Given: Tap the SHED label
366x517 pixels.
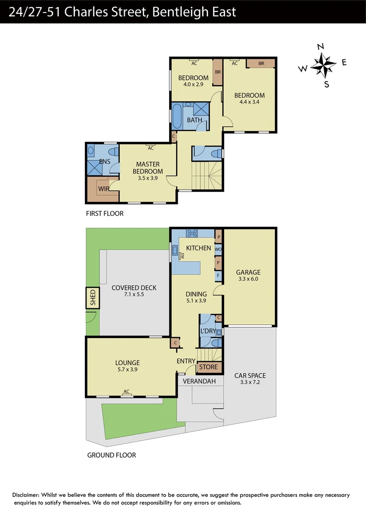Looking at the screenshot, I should [x=92, y=298].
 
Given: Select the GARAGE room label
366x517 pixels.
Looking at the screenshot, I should [x=248, y=272].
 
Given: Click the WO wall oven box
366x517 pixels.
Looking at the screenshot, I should [x=218, y=249].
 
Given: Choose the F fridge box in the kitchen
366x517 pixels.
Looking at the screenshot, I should [x=218, y=276].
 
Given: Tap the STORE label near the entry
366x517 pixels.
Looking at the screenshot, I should [x=208, y=367].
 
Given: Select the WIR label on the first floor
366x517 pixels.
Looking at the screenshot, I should [x=104, y=189].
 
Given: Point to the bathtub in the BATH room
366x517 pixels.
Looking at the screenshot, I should [x=177, y=116].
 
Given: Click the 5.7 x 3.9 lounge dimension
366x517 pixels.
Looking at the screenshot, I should [x=127, y=370].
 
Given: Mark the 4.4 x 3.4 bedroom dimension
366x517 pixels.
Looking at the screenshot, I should [x=249, y=102].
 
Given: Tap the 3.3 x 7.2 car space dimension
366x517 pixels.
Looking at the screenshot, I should [x=250, y=382].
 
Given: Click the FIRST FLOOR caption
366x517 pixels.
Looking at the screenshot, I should [x=104, y=214].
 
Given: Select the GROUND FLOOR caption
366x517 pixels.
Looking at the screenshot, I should [x=111, y=455].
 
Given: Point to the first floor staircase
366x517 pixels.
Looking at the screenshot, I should [x=207, y=176].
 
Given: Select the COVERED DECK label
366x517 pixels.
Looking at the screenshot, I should [x=134, y=288].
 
